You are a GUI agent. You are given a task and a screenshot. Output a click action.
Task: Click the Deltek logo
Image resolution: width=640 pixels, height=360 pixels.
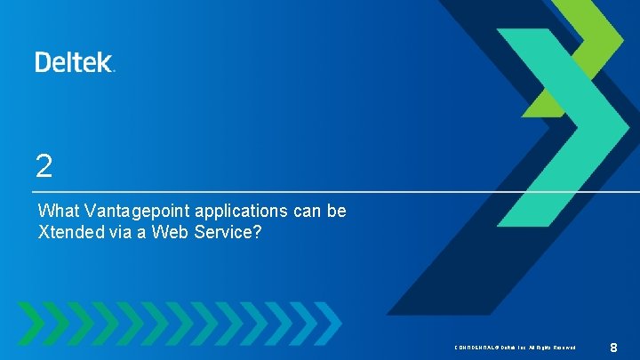74,61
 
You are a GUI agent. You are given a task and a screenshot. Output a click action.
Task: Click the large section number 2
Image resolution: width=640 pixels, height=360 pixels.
44,165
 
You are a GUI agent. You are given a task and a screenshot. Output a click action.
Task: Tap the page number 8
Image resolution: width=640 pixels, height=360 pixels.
613,346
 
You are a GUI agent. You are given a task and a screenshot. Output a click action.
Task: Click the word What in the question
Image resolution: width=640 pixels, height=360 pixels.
58,212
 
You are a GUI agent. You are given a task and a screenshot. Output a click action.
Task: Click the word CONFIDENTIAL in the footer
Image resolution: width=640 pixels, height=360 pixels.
474,347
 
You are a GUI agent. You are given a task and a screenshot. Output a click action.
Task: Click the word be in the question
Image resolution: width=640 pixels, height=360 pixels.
337,212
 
